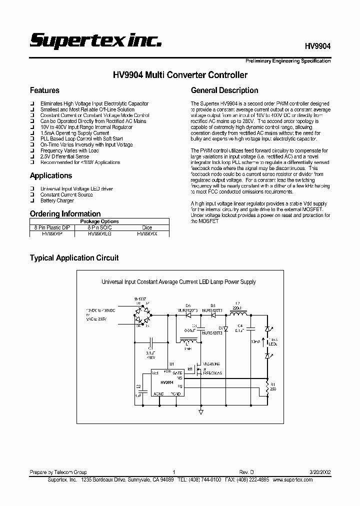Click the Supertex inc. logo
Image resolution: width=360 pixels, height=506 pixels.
click(x=95, y=40)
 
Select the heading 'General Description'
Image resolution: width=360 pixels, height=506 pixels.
click(x=224, y=90)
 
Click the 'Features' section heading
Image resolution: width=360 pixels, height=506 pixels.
click(x=44, y=90)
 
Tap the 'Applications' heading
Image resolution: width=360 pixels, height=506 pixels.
click(x=51, y=175)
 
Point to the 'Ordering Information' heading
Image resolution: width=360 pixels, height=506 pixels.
click(x=65, y=214)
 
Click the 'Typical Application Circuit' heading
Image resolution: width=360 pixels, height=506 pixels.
click(x=74, y=258)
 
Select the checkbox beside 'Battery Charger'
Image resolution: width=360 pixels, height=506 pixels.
click(x=32, y=201)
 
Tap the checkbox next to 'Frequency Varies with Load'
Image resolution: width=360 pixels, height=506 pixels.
click(x=32, y=150)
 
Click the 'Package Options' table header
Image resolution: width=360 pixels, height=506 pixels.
click(x=99, y=221)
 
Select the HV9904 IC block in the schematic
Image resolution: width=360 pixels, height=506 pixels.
click(x=167, y=383)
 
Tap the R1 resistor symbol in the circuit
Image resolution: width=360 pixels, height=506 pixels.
click(x=268, y=386)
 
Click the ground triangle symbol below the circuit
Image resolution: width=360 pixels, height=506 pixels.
click(x=200, y=411)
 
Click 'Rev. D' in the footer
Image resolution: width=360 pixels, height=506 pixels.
click(x=246, y=472)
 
